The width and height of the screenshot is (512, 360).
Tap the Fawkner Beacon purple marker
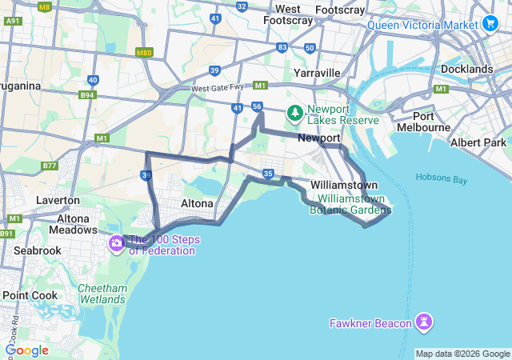pyautogui.click(x=424, y=322)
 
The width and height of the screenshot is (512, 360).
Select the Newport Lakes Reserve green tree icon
pyautogui.click(x=295, y=113)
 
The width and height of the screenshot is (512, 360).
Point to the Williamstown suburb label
pyautogui.click(x=343, y=185)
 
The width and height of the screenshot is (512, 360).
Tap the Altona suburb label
pyautogui.click(x=197, y=203)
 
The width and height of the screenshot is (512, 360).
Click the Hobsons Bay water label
pyautogui.click(x=441, y=178)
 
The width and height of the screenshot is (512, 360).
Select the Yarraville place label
pyautogui.click(x=317, y=73)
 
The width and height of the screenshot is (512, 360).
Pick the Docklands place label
pyautogui.click(x=466, y=70)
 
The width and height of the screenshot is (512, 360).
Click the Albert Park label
pyautogui.click(x=478, y=142)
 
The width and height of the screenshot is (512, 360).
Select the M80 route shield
pyautogui.click(x=144, y=53)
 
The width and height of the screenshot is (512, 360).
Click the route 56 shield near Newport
pyautogui.click(x=257, y=106)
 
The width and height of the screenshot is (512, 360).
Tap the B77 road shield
pyautogui.click(x=50, y=166)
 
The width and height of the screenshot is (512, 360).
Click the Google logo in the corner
pyautogui.click(x=27, y=350)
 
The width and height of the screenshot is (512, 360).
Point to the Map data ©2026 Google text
pyautogui.click(x=462, y=354)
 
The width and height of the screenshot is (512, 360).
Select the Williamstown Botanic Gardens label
pyautogui.click(x=350, y=204)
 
